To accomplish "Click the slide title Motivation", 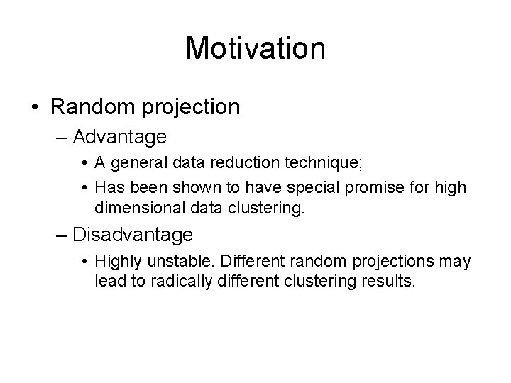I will (255, 48).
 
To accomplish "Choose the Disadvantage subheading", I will (133, 233).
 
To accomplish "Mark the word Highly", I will (117, 262).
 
